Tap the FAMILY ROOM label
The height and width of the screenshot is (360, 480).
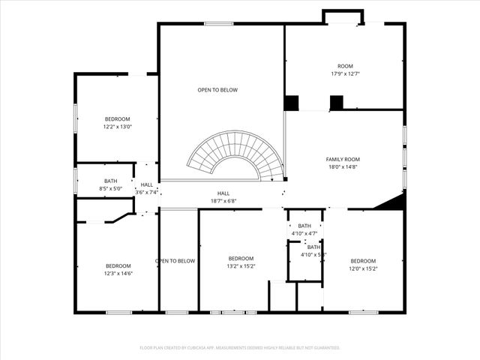(x=343, y=159)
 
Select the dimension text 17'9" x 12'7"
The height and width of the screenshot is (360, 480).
(x=345, y=73)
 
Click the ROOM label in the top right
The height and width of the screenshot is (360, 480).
(x=345, y=66)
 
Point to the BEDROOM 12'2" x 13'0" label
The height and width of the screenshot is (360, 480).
(x=117, y=119)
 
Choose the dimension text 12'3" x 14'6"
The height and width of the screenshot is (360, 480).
(x=118, y=274)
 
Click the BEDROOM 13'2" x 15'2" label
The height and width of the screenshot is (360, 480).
(x=241, y=259)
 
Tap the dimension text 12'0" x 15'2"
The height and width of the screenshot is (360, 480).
(x=364, y=268)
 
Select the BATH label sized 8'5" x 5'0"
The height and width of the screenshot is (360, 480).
(x=111, y=181)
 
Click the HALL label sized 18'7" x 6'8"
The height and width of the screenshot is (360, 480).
(x=223, y=193)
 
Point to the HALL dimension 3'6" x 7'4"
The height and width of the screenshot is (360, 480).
(x=147, y=193)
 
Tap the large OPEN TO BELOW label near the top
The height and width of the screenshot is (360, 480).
(x=217, y=90)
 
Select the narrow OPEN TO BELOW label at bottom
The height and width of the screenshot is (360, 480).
(x=175, y=261)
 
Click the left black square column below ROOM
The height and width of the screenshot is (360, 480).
(x=291, y=103)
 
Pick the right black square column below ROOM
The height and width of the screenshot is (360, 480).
(x=336, y=103)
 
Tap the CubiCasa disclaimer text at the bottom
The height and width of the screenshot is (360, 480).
(x=240, y=347)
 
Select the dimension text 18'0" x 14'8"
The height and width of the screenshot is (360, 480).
(x=343, y=167)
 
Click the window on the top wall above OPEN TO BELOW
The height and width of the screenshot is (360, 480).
(x=218, y=24)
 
